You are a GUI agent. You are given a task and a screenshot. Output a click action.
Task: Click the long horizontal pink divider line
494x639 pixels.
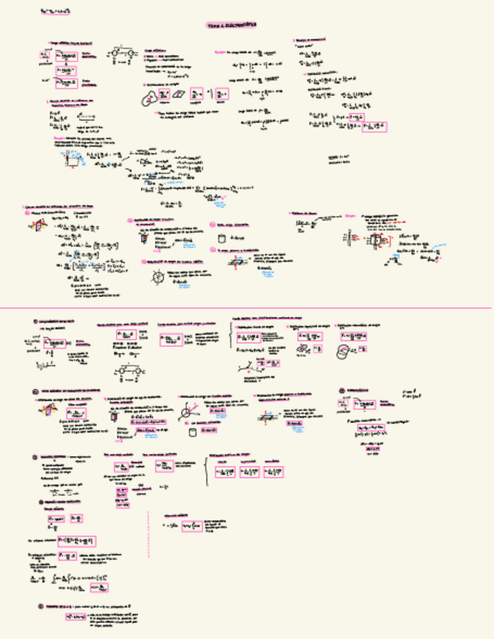[247, 307]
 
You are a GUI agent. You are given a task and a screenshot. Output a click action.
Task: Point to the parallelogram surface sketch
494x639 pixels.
[178, 93]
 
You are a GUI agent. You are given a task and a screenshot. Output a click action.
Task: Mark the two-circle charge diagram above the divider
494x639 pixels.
[120, 55]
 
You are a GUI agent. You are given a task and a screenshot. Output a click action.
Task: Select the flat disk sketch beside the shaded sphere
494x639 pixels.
[306, 352]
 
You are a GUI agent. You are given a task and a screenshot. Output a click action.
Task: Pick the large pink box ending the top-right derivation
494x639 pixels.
[374, 127]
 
